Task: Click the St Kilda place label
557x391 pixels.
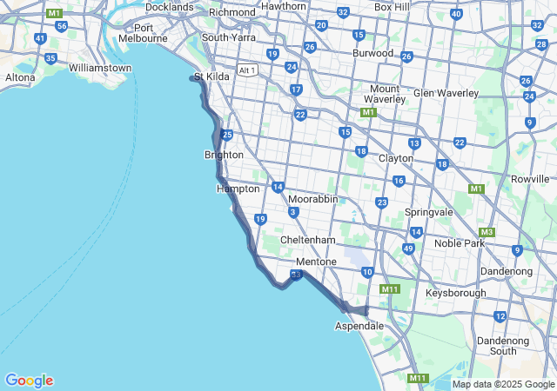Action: [x=211, y=76]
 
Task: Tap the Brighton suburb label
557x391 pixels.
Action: [x=224, y=155]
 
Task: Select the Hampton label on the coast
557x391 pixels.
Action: [x=238, y=189]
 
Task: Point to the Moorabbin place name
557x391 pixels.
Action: [x=312, y=199]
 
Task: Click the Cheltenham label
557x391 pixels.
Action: [x=308, y=240]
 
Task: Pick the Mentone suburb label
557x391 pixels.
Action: [x=316, y=262]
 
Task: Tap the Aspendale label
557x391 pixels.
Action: [x=359, y=326]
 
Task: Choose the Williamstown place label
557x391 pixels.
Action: [x=100, y=68]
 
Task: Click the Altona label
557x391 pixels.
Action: [x=20, y=77]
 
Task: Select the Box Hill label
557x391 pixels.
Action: [x=392, y=7]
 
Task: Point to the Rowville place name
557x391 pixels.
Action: [x=531, y=178]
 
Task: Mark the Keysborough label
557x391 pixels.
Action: [x=457, y=293]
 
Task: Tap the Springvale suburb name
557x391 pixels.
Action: [x=430, y=212]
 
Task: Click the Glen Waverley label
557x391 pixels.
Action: [x=446, y=93]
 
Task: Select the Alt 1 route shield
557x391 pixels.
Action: [x=248, y=70]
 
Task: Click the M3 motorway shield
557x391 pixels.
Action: [x=487, y=232]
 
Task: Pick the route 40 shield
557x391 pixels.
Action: [x=456, y=14]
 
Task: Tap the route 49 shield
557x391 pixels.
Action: [x=408, y=249]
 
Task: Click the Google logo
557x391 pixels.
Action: [x=29, y=381]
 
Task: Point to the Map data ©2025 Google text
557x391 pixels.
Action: [x=503, y=385]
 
